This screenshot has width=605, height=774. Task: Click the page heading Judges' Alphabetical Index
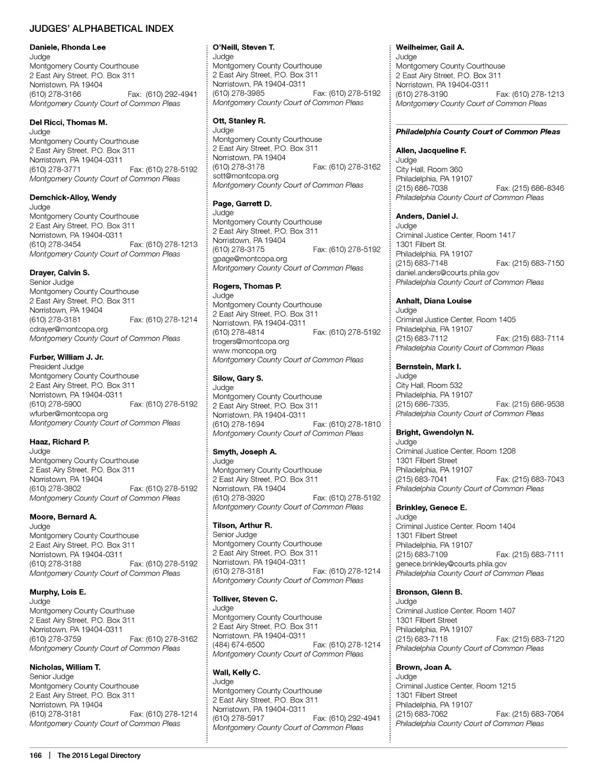102,28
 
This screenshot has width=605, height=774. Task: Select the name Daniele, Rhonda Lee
68,47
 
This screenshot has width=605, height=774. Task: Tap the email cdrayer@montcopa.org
69,329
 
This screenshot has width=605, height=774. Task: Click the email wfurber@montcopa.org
69,414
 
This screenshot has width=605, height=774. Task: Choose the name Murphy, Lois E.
58,592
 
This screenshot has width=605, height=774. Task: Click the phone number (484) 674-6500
239,645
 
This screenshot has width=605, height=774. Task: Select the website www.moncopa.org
245,350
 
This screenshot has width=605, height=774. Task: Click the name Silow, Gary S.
238,378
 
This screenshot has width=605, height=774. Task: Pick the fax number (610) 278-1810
347,424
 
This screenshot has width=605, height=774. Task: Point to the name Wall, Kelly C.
236,672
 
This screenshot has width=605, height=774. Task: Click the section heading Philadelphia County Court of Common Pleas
478,132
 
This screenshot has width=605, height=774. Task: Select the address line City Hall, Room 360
430,169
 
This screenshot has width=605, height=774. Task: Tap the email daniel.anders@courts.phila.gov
447,273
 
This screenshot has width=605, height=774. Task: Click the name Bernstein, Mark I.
428,367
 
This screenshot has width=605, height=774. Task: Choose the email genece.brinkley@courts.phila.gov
451,564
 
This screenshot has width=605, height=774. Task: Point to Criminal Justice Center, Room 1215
456,686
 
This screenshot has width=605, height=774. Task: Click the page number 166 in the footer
35,755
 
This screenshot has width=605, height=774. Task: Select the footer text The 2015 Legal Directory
99,755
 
